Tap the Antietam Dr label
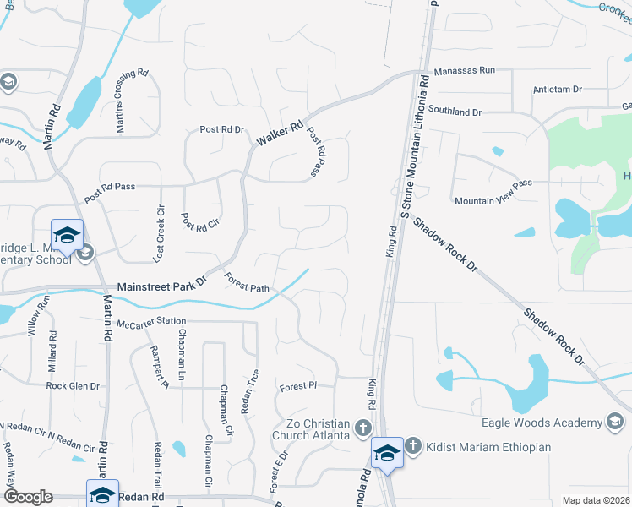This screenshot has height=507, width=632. pos(558,89)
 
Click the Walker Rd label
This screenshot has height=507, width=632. pos(280,135)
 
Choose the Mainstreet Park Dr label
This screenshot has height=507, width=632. pos(162,283)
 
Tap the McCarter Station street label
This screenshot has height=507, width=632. pos(151,322)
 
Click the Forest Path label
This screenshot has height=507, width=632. pos(247,283)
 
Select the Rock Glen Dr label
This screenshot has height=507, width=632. pos(73,386)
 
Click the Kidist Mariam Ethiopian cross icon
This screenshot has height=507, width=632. pos(412,445)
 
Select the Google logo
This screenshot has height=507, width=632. pos(27,497)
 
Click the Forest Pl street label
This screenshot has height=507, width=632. pos(297,387)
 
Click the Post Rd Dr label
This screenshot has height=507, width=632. pos(221,130)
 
